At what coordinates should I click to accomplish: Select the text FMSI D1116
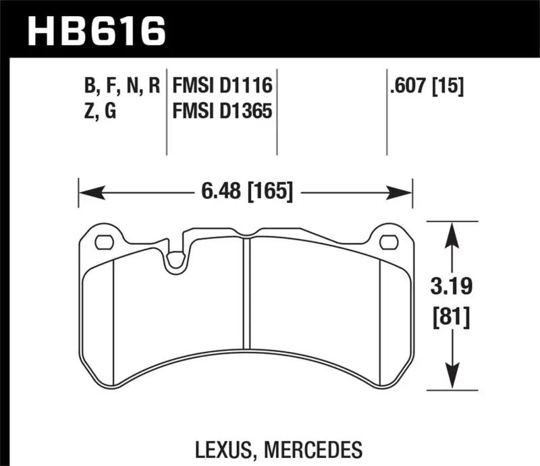(x=222, y=86)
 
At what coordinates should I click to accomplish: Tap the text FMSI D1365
(x=222, y=111)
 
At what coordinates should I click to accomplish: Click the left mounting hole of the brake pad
(x=104, y=241)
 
